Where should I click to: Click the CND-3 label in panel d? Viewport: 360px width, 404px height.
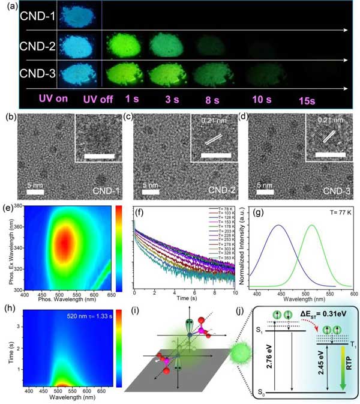pos(338,193)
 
